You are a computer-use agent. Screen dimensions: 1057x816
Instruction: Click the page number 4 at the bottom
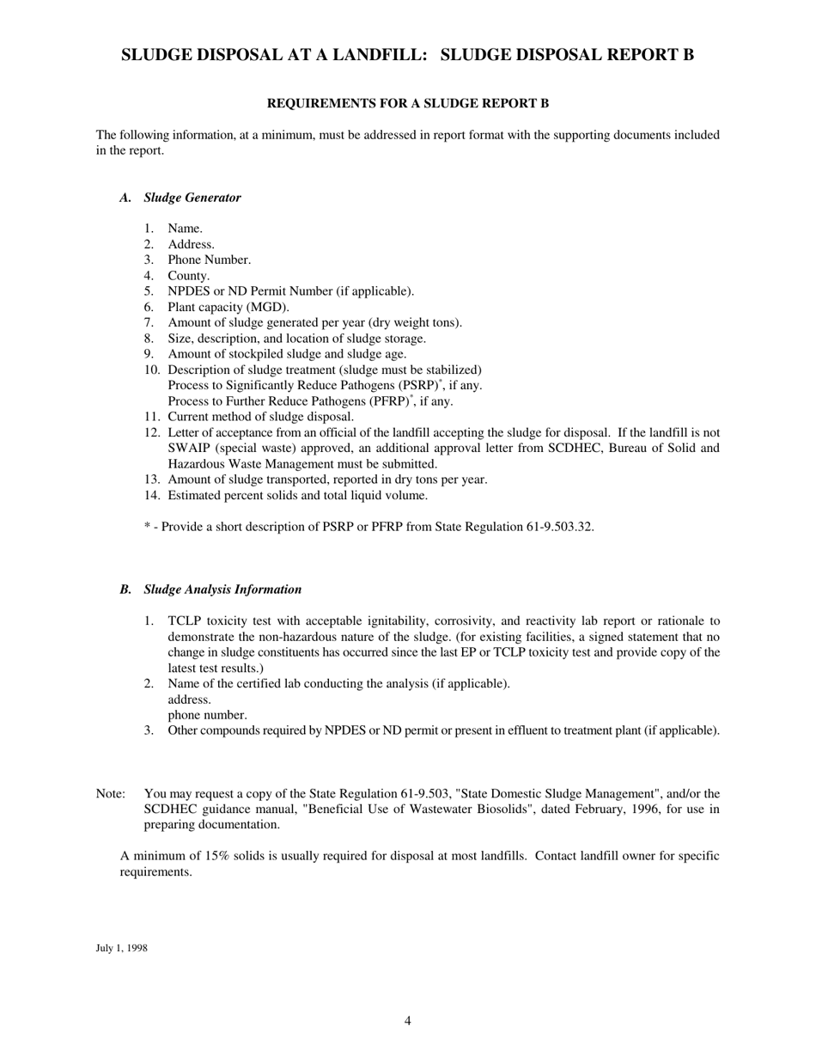pos(408,1021)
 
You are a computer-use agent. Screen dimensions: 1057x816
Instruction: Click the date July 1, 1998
pos(121,948)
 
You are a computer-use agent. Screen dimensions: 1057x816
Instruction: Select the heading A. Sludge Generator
pos(180,198)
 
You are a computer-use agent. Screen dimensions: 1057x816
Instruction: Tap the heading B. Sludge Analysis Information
pos(210,590)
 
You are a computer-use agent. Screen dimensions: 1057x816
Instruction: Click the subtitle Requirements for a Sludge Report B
pos(408,104)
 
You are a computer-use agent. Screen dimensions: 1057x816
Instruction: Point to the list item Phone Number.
pos(209,260)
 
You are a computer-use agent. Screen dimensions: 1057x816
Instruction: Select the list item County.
pos(188,276)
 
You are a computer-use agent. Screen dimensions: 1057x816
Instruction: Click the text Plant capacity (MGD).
pos(228,307)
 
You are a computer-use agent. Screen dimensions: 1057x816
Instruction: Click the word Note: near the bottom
pos(111,793)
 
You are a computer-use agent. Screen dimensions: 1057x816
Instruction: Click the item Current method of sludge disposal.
pos(260,417)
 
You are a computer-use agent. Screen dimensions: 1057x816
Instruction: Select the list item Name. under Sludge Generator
pos(185,229)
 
